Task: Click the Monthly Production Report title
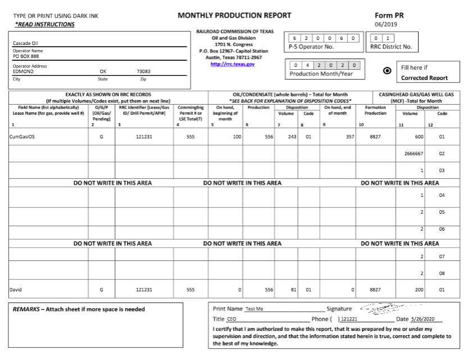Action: point(234,15)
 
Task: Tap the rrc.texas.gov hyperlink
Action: point(232,64)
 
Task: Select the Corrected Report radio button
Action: point(387,71)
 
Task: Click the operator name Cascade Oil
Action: point(25,43)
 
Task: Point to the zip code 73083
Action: point(143,72)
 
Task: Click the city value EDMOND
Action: point(23,72)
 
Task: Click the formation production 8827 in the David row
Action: point(375,290)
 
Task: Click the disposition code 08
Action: point(442,273)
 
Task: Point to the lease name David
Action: point(16,290)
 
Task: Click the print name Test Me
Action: point(254,309)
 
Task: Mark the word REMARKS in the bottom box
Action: point(26,309)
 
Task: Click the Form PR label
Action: point(389,15)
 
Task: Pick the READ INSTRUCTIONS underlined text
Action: point(44,24)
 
